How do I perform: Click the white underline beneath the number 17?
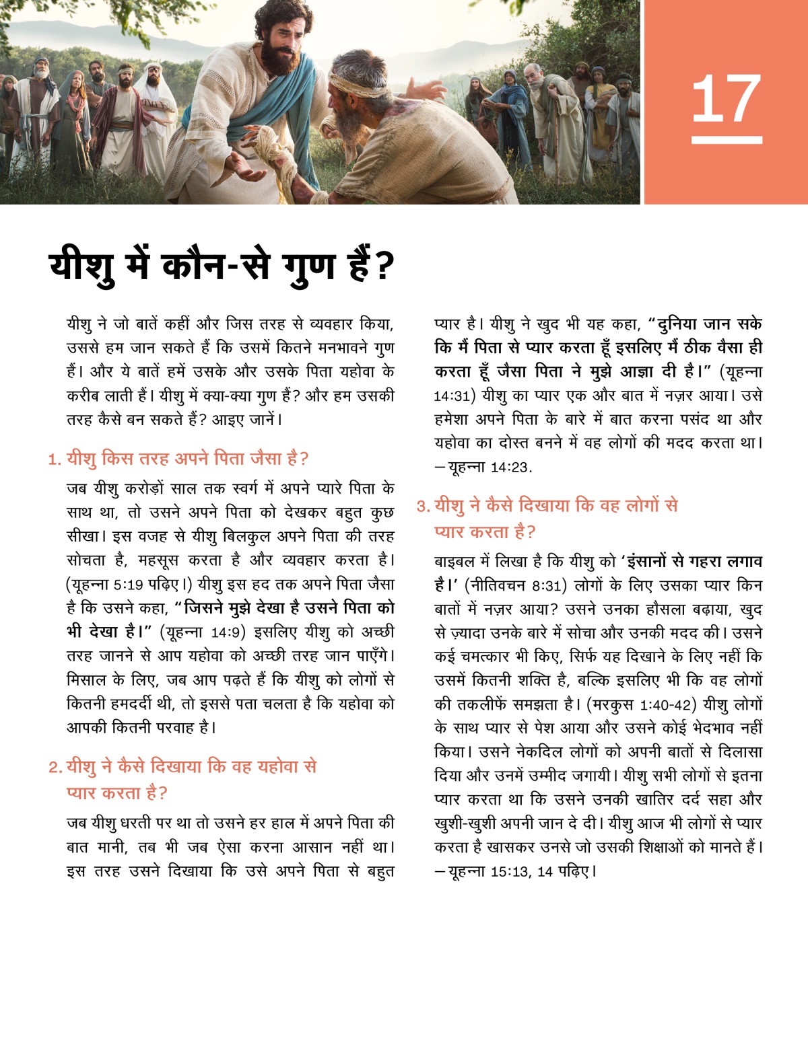[726, 140]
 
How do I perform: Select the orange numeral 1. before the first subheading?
[54, 459]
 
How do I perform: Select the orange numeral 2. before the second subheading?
[55, 768]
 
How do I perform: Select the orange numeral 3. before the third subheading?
[423, 507]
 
